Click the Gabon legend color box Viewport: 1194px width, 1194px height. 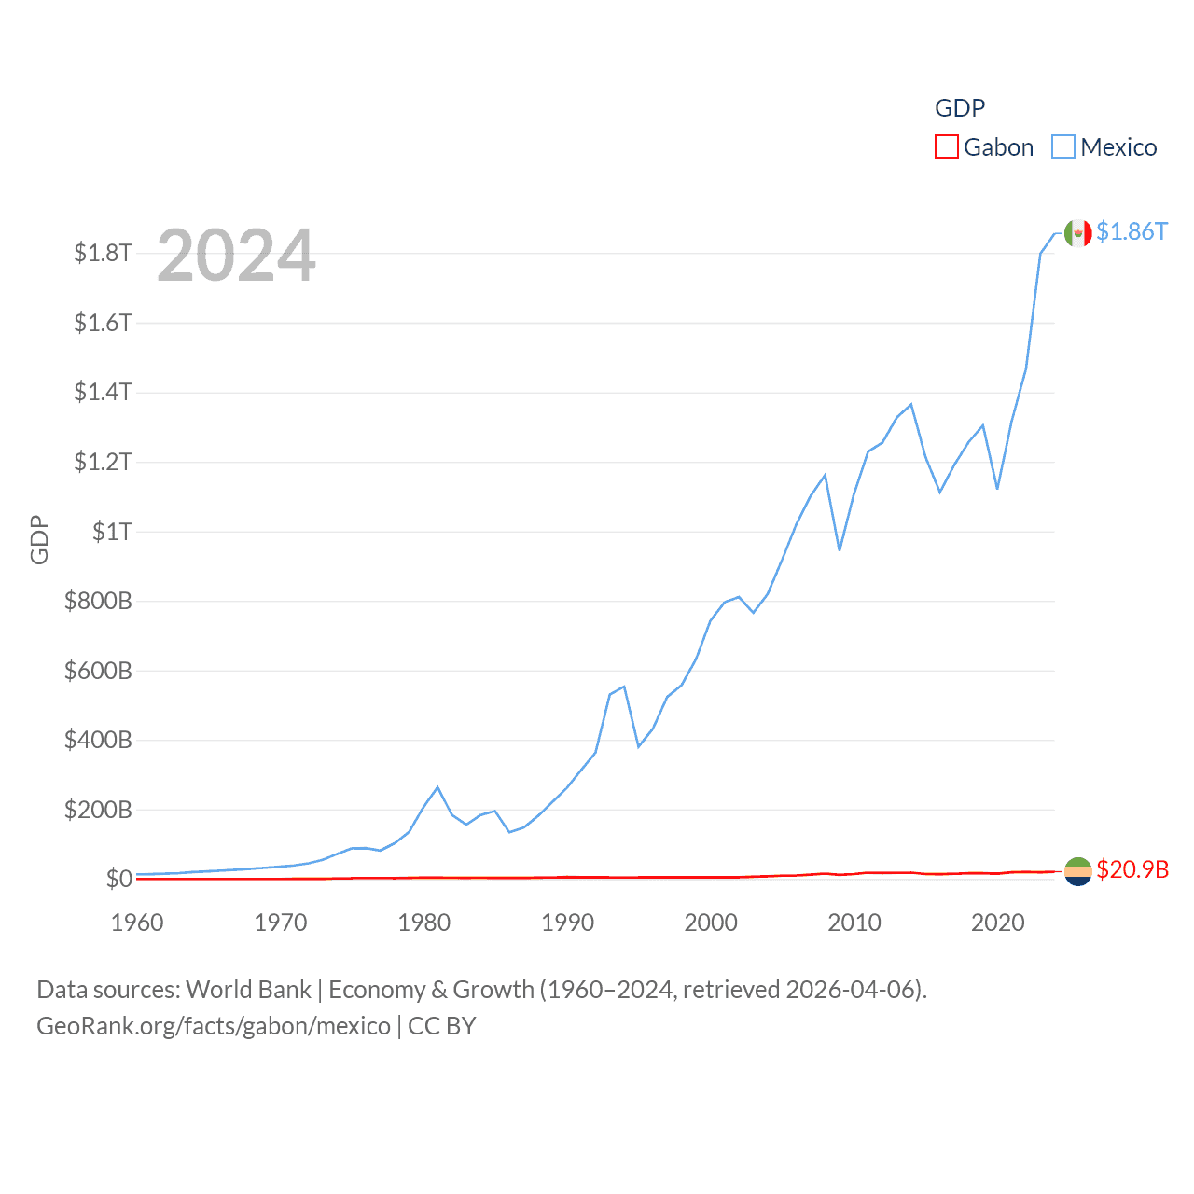947,147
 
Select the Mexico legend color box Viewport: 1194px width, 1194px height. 1063,147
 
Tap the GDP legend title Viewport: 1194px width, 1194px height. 960,108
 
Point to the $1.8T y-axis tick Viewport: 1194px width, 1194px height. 103,253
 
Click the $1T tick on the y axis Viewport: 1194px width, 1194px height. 112,532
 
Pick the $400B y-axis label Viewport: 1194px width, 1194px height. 98,741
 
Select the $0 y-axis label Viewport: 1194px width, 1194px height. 118,879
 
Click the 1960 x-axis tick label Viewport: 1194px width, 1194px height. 137,923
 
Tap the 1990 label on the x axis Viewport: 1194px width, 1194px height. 567,923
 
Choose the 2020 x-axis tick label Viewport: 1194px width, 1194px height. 997,923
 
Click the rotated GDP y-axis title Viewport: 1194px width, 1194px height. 39,540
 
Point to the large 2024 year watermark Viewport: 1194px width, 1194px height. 236,256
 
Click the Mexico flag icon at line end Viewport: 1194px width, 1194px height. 1077,233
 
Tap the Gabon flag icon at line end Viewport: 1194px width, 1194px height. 1077,871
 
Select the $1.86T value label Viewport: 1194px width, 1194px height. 1132,231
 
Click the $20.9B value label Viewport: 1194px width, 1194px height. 1132,869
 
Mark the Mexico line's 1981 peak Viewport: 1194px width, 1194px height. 437,787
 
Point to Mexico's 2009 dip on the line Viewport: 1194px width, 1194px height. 840,549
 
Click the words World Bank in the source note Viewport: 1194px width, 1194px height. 248,990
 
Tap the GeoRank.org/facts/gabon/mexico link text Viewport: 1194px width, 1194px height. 214,1026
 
